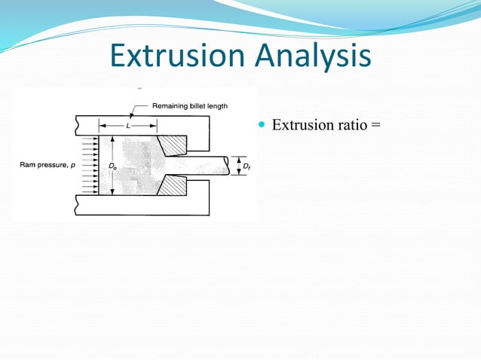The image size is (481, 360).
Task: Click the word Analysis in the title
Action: point(317,56)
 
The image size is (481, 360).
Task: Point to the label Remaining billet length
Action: point(190,106)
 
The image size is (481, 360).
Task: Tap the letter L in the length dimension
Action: point(127,126)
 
